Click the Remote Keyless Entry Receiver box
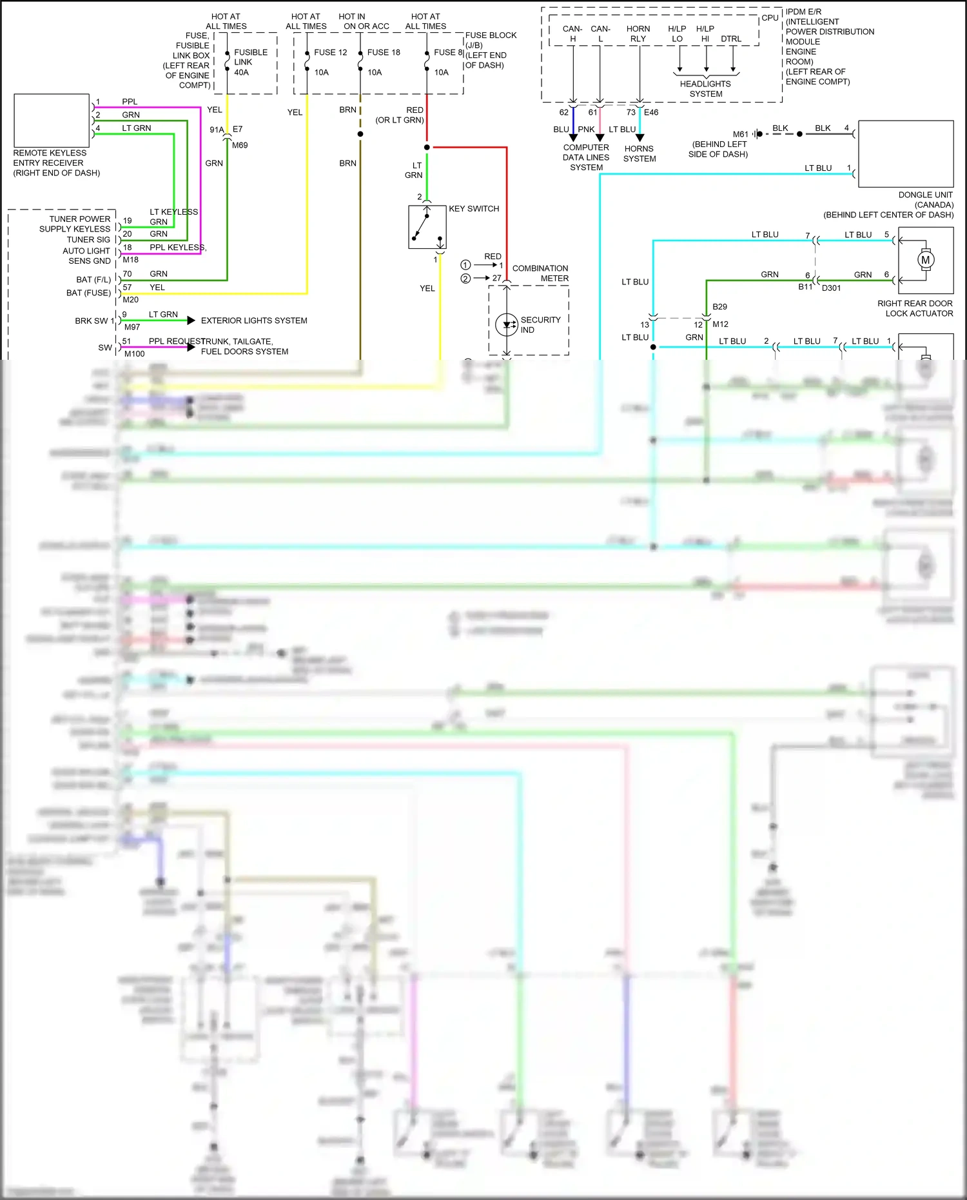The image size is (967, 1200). tap(52, 121)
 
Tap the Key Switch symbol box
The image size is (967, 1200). tap(427, 227)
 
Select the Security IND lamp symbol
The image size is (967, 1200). tap(507, 324)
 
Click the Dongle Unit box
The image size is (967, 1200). tap(906, 153)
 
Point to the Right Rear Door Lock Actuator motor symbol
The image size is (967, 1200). tap(926, 260)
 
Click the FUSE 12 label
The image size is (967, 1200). tap(330, 52)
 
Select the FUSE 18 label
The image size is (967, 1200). tap(384, 52)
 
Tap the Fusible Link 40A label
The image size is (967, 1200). tap(250, 62)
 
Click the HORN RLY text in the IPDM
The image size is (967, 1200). tap(638, 34)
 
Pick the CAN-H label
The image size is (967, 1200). tap(572, 34)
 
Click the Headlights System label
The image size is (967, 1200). tap(705, 89)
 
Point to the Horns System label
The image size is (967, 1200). tap(640, 153)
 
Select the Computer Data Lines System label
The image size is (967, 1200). tap(586, 157)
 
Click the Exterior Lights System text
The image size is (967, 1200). tap(254, 320)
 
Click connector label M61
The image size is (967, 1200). tap(740, 134)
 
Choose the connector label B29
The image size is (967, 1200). tap(719, 307)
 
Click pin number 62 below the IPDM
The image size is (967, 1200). tap(564, 112)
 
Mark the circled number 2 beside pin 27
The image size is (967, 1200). tap(465, 279)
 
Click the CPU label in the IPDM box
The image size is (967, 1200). tap(770, 18)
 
